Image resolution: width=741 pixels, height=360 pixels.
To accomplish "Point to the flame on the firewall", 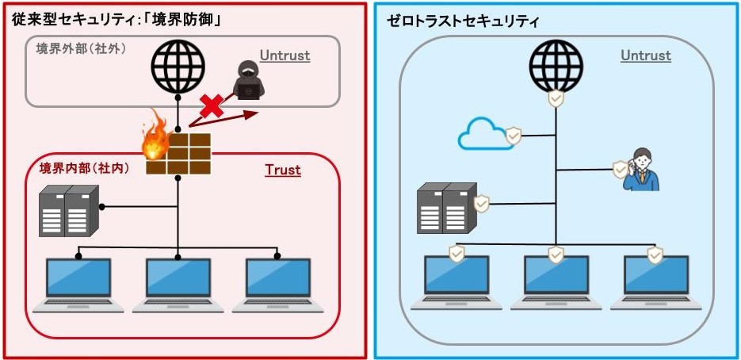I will (x=155, y=140).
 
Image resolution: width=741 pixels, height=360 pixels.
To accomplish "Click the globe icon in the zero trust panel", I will (x=556, y=67).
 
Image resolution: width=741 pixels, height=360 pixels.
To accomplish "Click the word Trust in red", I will (x=282, y=170).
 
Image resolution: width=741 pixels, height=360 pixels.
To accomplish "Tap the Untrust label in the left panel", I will (x=285, y=56).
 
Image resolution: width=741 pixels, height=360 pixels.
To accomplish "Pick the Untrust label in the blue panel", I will (x=645, y=56).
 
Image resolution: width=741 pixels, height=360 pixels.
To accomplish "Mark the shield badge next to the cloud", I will (x=514, y=136).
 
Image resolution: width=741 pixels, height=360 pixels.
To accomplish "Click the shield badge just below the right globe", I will (x=556, y=99).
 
